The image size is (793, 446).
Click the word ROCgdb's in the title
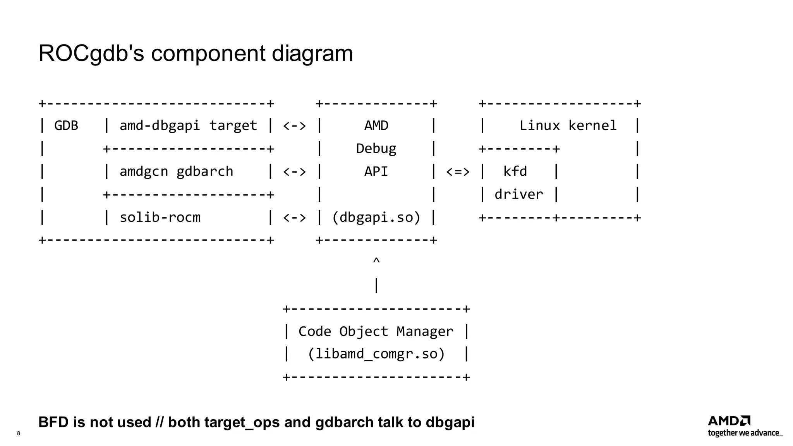[91, 53]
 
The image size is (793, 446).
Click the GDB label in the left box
[66, 125]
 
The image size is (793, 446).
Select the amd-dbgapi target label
[188, 125]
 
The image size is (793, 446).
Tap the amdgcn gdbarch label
[176, 172]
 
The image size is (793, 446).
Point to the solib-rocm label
[160, 217]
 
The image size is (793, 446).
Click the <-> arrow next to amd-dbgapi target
[294, 126]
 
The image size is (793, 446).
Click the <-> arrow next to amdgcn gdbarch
[294, 172]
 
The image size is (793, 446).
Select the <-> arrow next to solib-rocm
[294, 218]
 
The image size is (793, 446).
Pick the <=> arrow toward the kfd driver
[458, 172]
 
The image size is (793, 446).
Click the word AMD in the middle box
[376, 125]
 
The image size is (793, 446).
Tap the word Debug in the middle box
[376, 149]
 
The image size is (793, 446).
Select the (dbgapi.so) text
[376, 217]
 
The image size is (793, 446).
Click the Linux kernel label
[568, 125]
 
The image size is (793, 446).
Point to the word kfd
[515, 172]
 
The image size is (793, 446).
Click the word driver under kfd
[519, 194]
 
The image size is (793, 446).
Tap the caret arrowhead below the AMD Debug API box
[376, 261]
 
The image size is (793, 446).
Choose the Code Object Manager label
[376, 331]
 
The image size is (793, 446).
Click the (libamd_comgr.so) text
[376, 354]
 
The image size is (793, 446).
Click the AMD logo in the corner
[729, 421]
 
